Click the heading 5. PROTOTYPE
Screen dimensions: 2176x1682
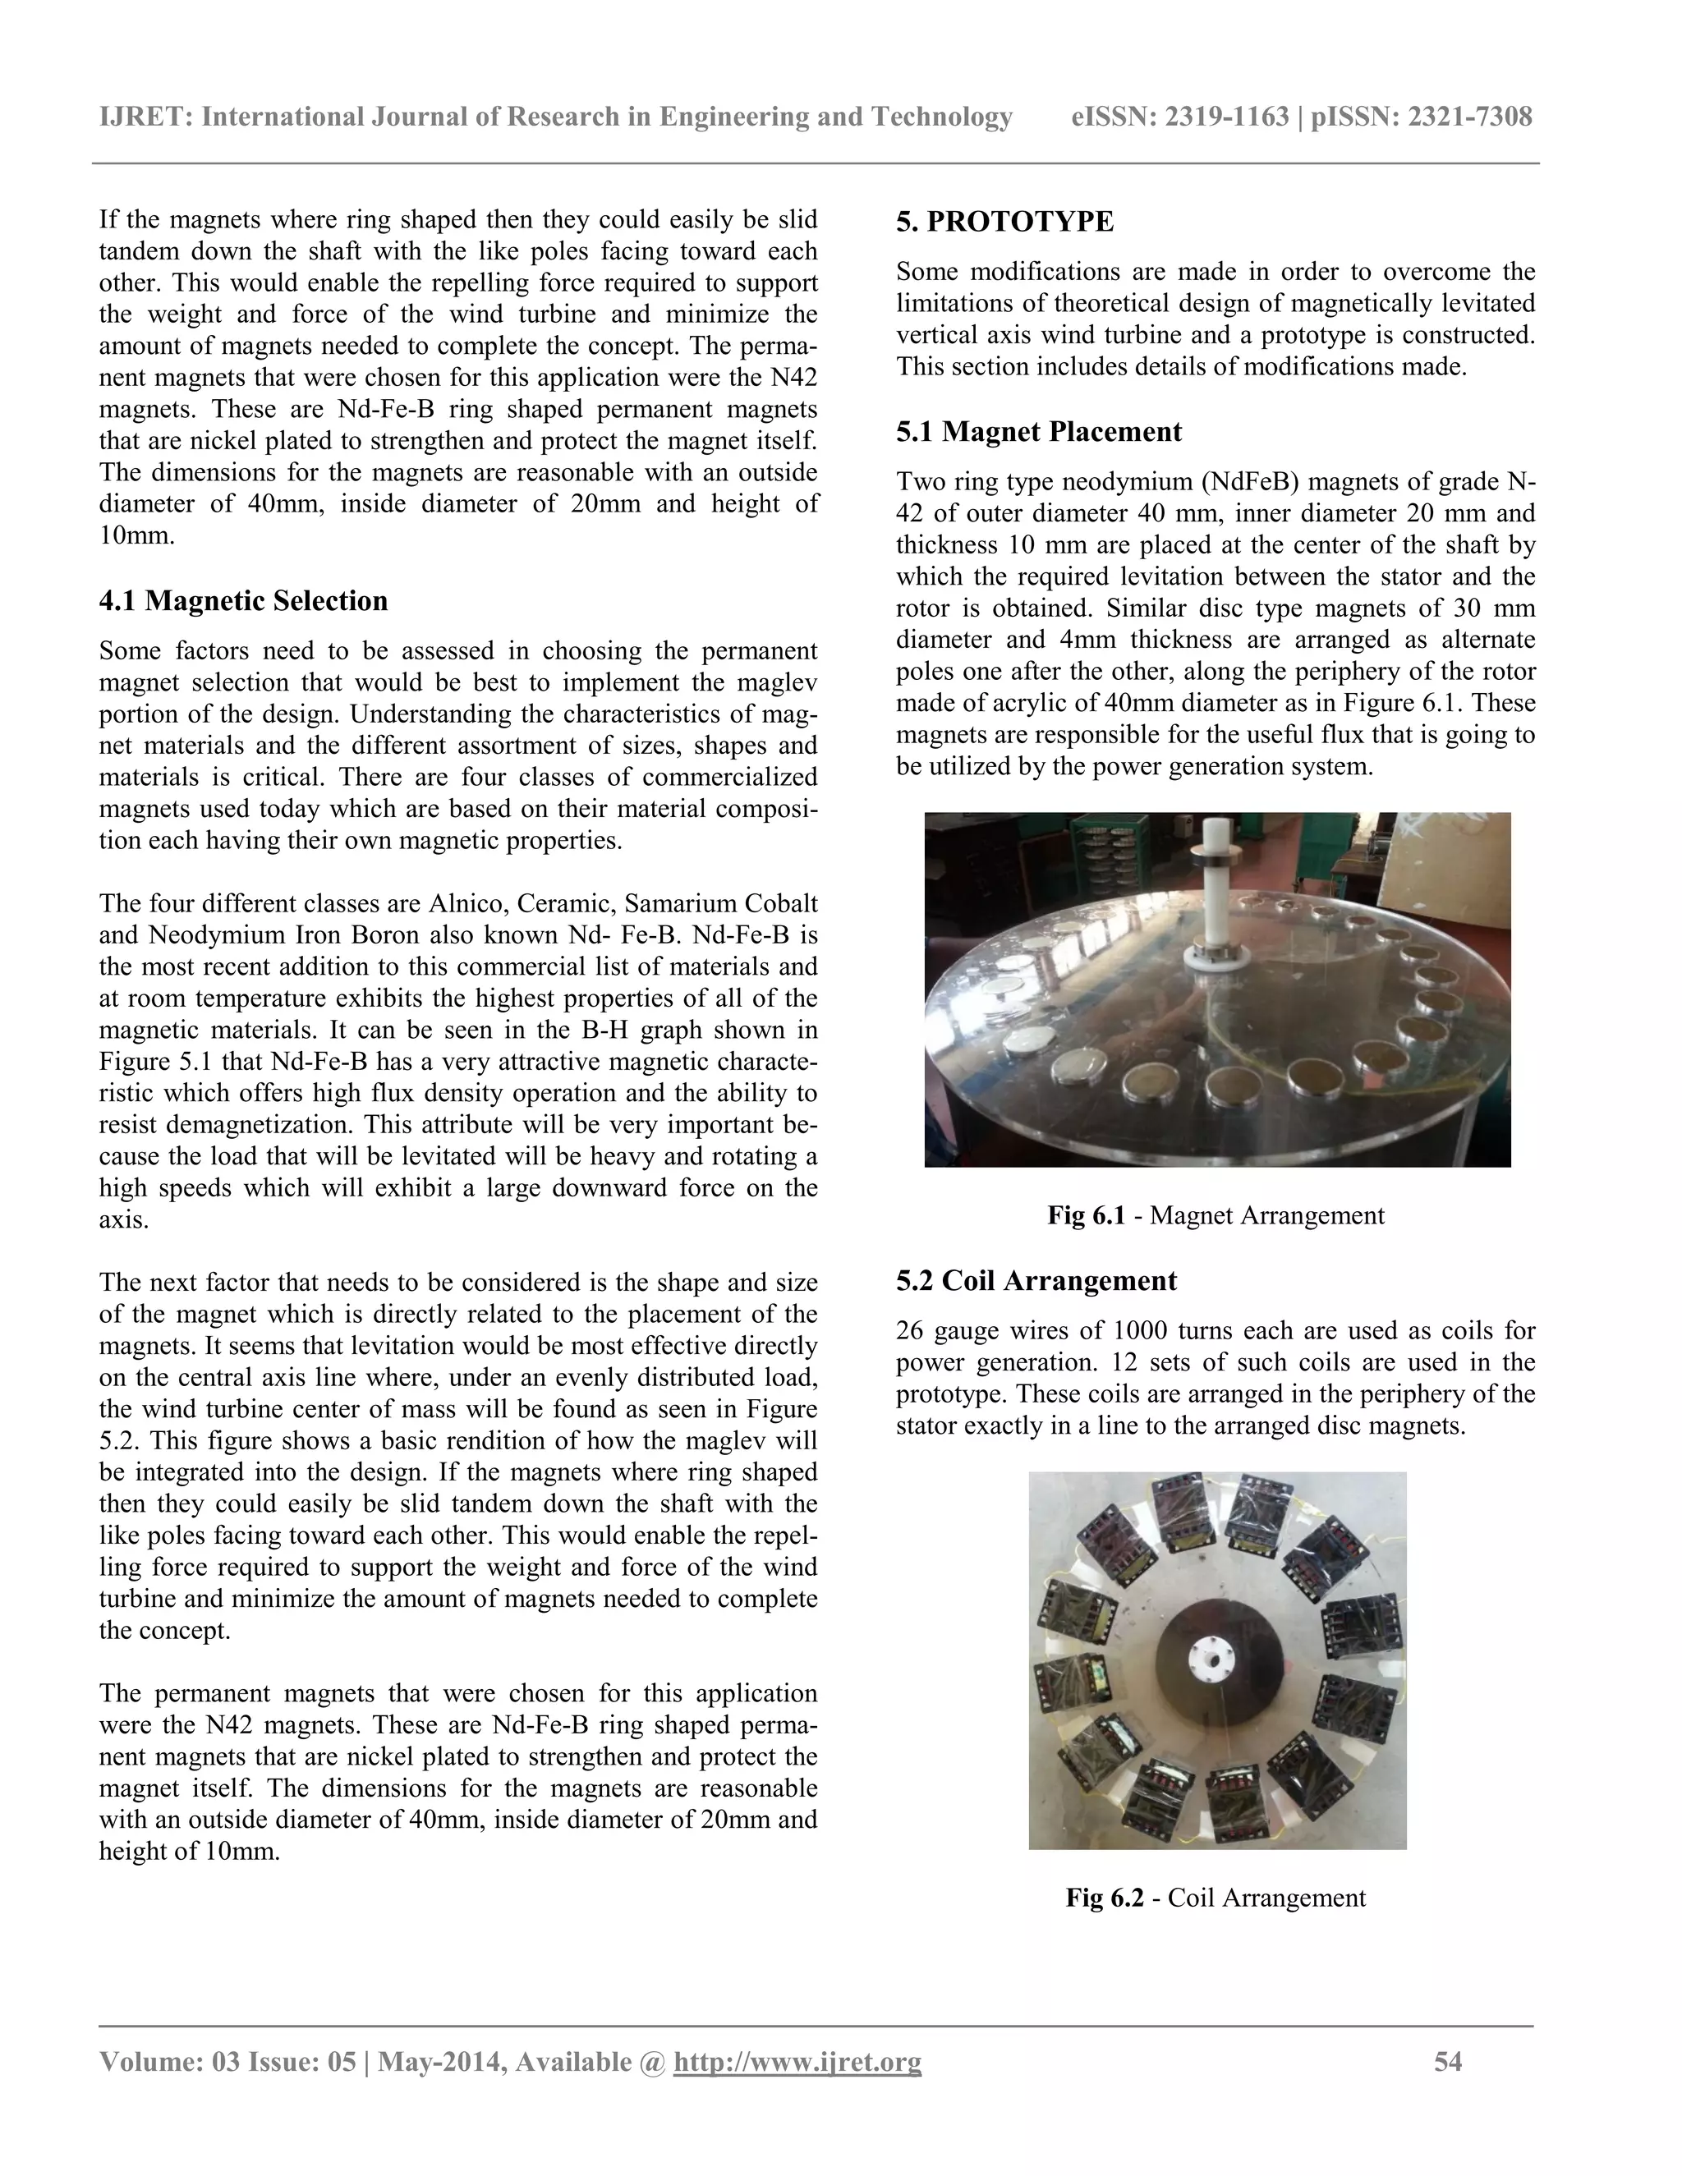pos(1004,221)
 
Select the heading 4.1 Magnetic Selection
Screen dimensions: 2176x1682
pos(243,601)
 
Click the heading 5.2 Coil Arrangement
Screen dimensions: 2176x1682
pos(1036,1280)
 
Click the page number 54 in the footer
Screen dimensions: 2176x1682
pos(1448,2061)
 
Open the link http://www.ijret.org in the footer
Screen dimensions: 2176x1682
pos(797,2061)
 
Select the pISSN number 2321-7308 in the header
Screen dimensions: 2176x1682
pos(1468,117)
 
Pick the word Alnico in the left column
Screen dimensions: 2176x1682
pos(457,904)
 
